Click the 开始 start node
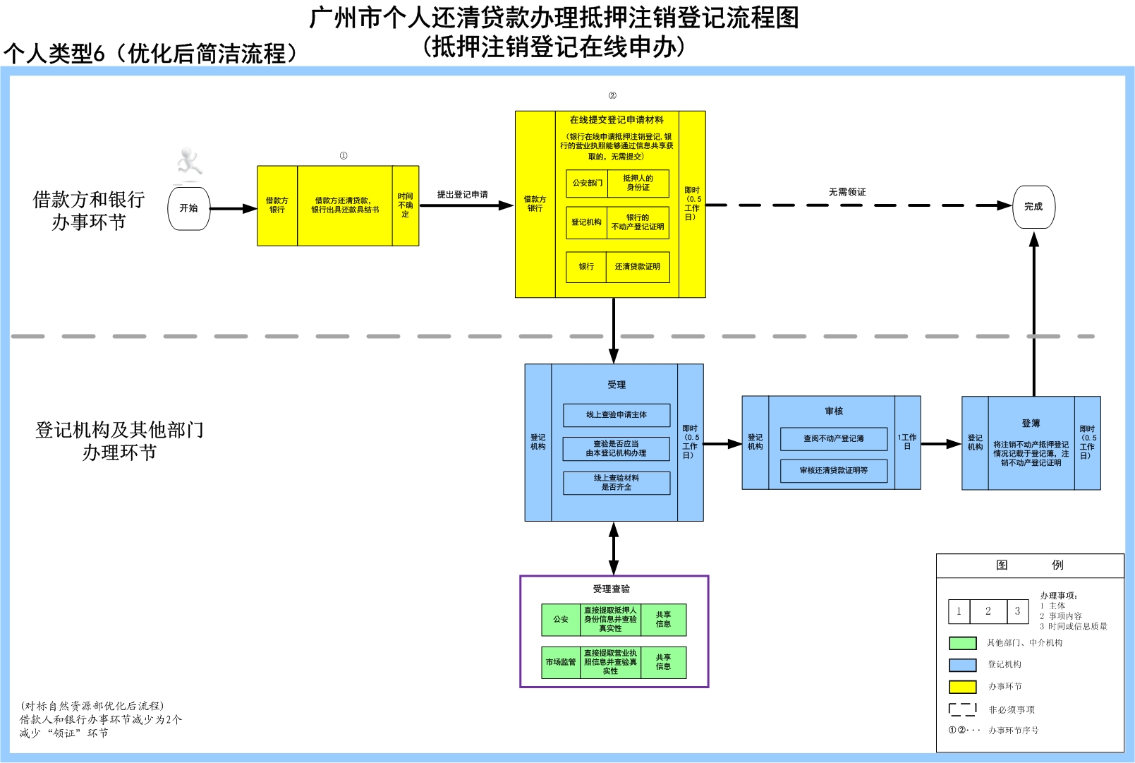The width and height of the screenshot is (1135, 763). (189, 208)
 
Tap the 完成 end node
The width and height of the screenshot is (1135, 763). (1033, 207)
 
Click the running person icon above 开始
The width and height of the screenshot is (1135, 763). (188, 162)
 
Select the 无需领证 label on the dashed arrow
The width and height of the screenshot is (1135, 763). (847, 192)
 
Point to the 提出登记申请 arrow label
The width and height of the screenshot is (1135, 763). (462, 194)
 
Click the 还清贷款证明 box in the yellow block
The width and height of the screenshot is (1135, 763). (637, 267)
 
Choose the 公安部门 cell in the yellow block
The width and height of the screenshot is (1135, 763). (587, 183)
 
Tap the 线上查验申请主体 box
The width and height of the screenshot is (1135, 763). (617, 415)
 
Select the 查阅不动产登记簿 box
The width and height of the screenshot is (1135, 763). (833, 438)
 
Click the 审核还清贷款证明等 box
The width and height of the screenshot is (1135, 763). (833, 470)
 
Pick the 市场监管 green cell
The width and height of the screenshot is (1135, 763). (561, 662)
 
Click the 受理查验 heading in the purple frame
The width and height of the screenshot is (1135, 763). (611, 589)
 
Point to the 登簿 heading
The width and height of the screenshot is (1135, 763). (1031, 423)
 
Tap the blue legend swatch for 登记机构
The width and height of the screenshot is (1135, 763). (962, 664)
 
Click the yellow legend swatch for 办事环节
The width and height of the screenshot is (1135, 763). (962, 686)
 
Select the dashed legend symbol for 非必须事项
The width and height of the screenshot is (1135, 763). (962, 709)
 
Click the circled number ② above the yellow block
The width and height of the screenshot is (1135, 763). (612, 95)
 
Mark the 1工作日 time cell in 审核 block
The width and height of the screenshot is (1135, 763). (907, 442)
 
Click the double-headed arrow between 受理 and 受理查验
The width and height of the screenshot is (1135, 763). (614, 548)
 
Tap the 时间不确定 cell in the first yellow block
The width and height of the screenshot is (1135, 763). (405, 205)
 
